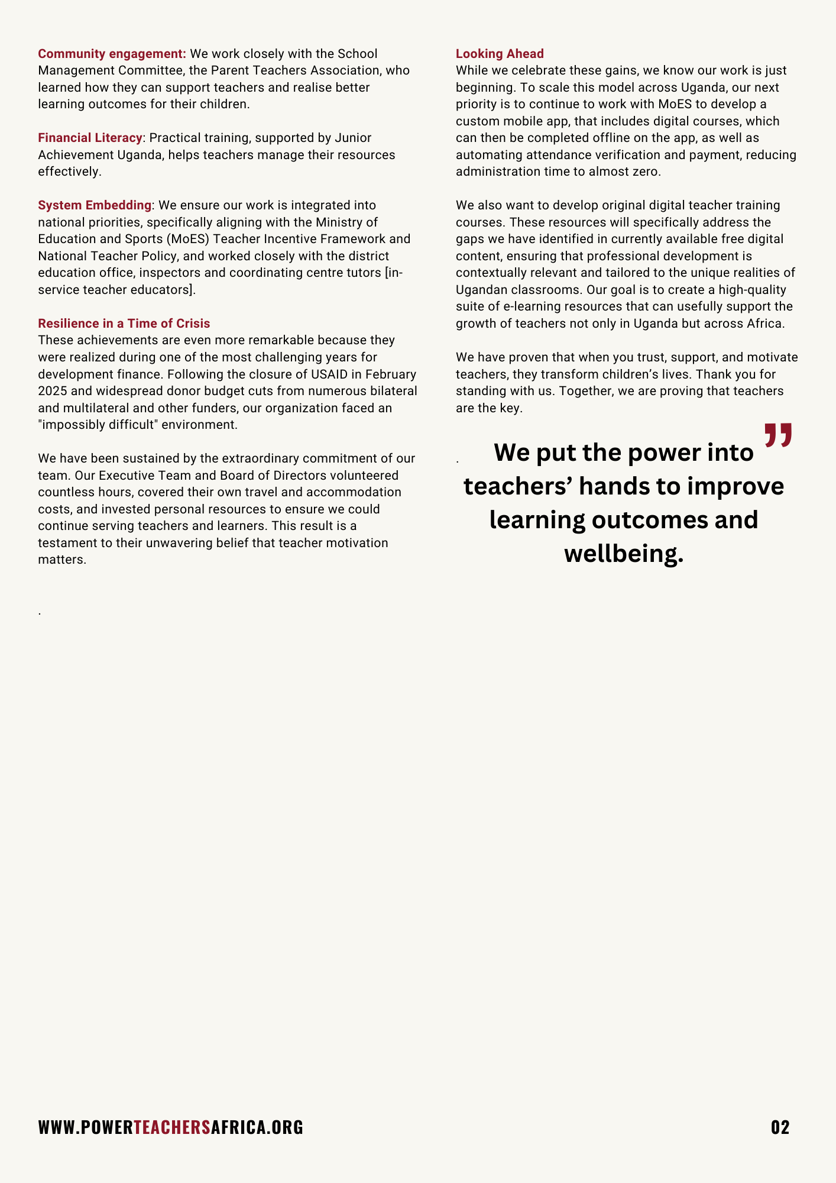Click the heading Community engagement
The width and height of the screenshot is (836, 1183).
[x=112, y=54]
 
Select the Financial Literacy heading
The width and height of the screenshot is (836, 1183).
[x=90, y=138]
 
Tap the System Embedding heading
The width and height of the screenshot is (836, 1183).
[x=95, y=205]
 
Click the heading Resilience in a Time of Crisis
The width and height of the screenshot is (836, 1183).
[x=124, y=324]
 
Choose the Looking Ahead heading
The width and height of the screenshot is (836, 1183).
[x=500, y=54]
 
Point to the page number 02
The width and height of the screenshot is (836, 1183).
[x=780, y=1127]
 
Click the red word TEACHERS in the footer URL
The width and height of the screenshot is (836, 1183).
[x=172, y=1127]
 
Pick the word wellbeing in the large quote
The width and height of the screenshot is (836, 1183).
[x=623, y=554]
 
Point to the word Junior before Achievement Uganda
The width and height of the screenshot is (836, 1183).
[x=353, y=138]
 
